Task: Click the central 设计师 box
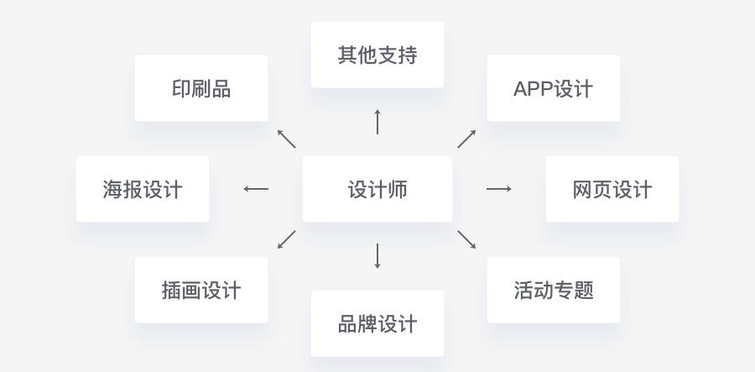(x=377, y=189)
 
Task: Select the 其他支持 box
(x=377, y=55)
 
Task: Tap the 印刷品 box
(x=201, y=88)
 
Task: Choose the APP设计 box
(x=553, y=88)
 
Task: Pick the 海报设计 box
(x=143, y=189)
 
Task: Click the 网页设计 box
(x=612, y=189)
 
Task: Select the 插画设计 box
(x=201, y=290)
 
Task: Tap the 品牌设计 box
(x=377, y=323)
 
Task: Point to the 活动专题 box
(x=553, y=290)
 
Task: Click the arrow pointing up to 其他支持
(x=377, y=122)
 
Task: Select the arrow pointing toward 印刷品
(x=286, y=139)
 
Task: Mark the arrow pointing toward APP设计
(x=466, y=139)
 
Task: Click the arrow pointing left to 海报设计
(x=256, y=189)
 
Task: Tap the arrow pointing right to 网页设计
(x=499, y=189)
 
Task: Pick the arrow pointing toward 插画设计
(x=286, y=239)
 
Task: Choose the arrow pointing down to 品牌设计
(x=377, y=256)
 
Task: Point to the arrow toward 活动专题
(x=466, y=239)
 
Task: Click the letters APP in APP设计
(x=534, y=88)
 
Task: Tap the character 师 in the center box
(x=397, y=189)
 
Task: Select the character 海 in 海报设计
(x=112, y=189)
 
